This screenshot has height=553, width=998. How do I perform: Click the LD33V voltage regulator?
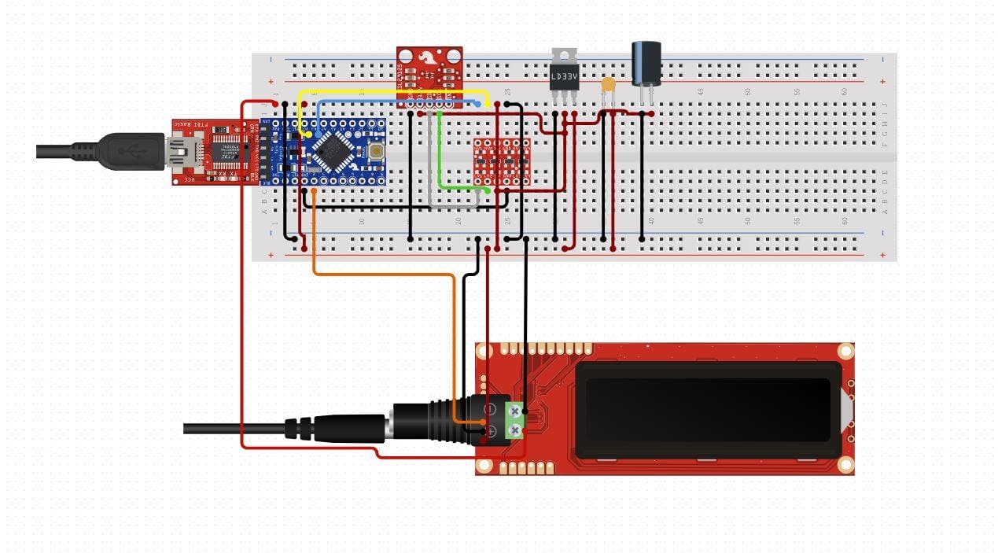coord(563,76)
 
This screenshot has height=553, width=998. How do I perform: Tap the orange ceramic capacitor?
coord(607,84)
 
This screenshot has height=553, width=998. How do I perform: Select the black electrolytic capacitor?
coord(646,63)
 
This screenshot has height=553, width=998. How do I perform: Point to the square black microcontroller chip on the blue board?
coord(331,150)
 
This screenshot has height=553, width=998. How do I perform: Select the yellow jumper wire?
coord(393,92)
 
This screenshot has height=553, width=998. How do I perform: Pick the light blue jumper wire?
coord(393,101)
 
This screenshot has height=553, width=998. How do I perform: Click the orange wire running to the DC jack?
coord(377,274)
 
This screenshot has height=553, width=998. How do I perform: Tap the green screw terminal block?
coord(514,419)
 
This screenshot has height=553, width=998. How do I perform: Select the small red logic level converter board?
coord(501,161)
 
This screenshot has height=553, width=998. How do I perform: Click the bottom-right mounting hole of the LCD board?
coord(845,465)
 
